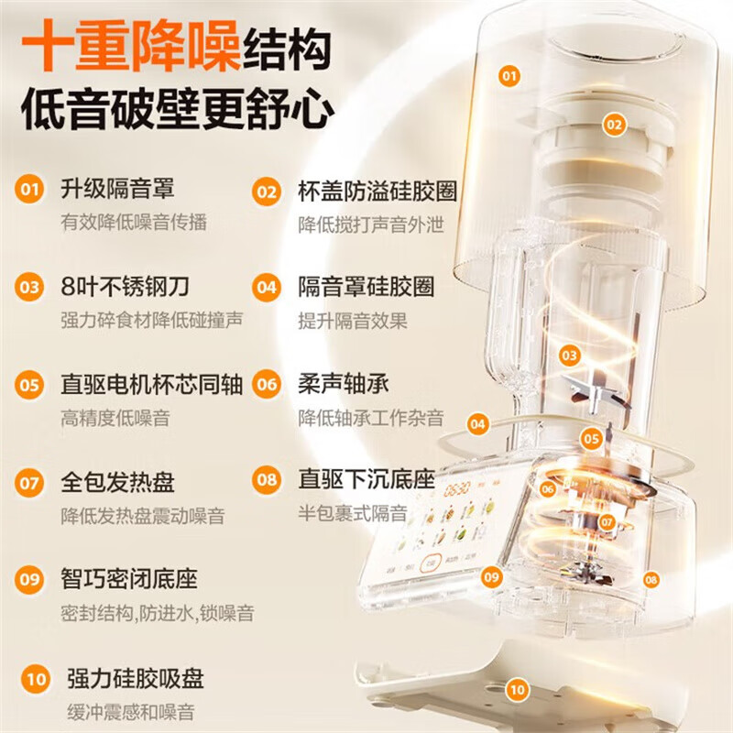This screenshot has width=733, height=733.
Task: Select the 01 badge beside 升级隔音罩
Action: (x=31, y=191)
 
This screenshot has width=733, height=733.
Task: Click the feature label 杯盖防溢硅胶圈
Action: (x=377, y=191)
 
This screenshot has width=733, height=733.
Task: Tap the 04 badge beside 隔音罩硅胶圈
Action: (x=267, y=287)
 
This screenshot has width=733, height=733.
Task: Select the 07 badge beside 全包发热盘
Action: (x=31, y=480)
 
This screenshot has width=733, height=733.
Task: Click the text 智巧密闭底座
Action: (x=128, y=580)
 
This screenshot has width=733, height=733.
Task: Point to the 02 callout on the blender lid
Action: (x=613, y=124)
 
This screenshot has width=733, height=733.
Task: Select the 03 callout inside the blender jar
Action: (x=570, y=355)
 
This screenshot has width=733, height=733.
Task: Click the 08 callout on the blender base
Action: (x=651, y=579)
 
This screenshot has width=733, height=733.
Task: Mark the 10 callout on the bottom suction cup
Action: (x=519, y=689)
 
